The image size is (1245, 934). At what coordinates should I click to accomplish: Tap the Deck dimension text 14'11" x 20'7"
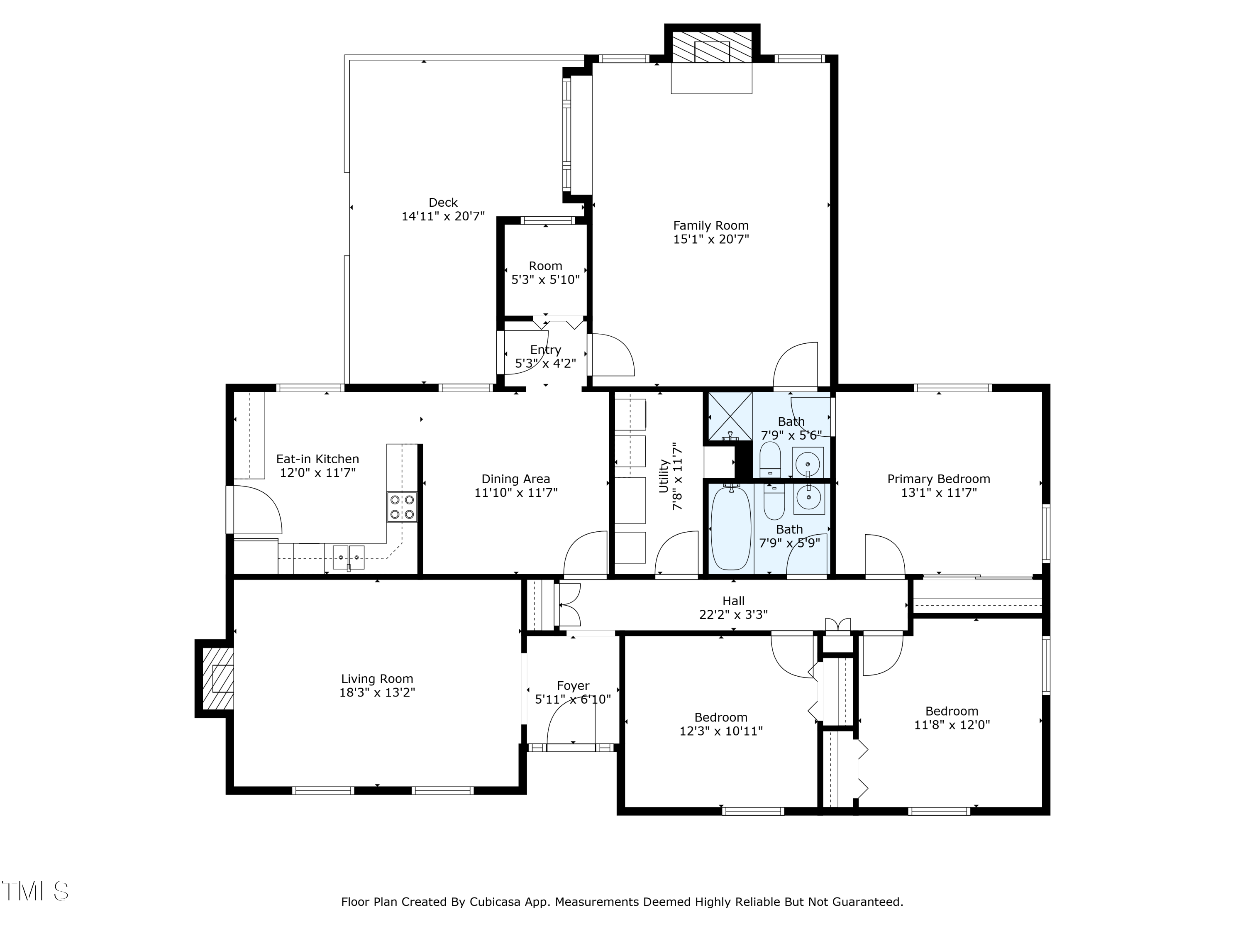[443, 216]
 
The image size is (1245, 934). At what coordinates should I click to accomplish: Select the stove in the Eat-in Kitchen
[402, 507]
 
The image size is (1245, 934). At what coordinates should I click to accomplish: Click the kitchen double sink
[349, 557]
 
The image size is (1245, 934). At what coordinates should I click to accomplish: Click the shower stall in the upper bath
[730, 417]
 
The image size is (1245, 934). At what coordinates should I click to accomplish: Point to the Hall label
[733, 601]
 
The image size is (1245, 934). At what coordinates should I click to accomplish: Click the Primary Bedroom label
[939, 479]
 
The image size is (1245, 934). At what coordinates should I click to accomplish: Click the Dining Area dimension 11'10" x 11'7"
[515, 493]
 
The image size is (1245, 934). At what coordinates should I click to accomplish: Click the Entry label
[545, 350]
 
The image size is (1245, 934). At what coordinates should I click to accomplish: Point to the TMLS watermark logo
[35, 891]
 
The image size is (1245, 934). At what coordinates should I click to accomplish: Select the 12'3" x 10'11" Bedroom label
[721, 724]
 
